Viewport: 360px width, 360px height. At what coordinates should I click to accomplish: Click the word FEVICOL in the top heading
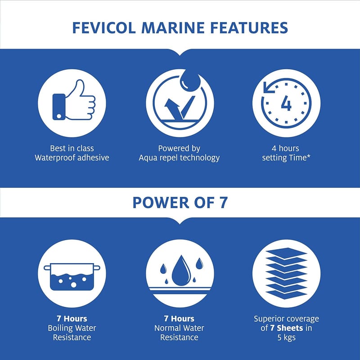[x=104, y=28]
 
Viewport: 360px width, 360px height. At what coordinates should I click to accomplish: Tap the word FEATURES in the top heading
[x=249, y=28]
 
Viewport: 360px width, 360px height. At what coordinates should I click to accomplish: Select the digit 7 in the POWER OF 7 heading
[x=222, y=203]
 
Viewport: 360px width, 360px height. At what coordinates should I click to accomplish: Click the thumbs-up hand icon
[x=74, y=100]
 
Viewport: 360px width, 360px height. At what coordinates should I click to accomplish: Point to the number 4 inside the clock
[x=286, y=104]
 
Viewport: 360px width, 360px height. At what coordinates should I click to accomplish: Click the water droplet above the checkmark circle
[x=190, y=82]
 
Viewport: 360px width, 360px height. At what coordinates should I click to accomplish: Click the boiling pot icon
[x=72, y=276]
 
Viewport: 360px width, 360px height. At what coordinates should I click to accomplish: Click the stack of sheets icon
[x=286, y=273]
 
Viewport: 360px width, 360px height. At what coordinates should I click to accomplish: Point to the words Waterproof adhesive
[x=72, y=158]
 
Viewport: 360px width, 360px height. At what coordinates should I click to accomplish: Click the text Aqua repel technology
[x=179, y=158]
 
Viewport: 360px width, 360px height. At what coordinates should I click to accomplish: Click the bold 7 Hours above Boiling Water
[x=72, y=319]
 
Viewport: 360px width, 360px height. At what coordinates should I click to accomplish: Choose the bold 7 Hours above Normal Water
[x=179, y=319]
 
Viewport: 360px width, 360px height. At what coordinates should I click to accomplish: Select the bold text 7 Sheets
[x=286, y=328]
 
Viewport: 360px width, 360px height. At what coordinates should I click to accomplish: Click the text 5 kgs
[x=286, y=338]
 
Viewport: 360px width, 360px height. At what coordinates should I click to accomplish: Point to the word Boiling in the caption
[x=58, y=328]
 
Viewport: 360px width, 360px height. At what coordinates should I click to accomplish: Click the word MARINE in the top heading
[x=173, y=28]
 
